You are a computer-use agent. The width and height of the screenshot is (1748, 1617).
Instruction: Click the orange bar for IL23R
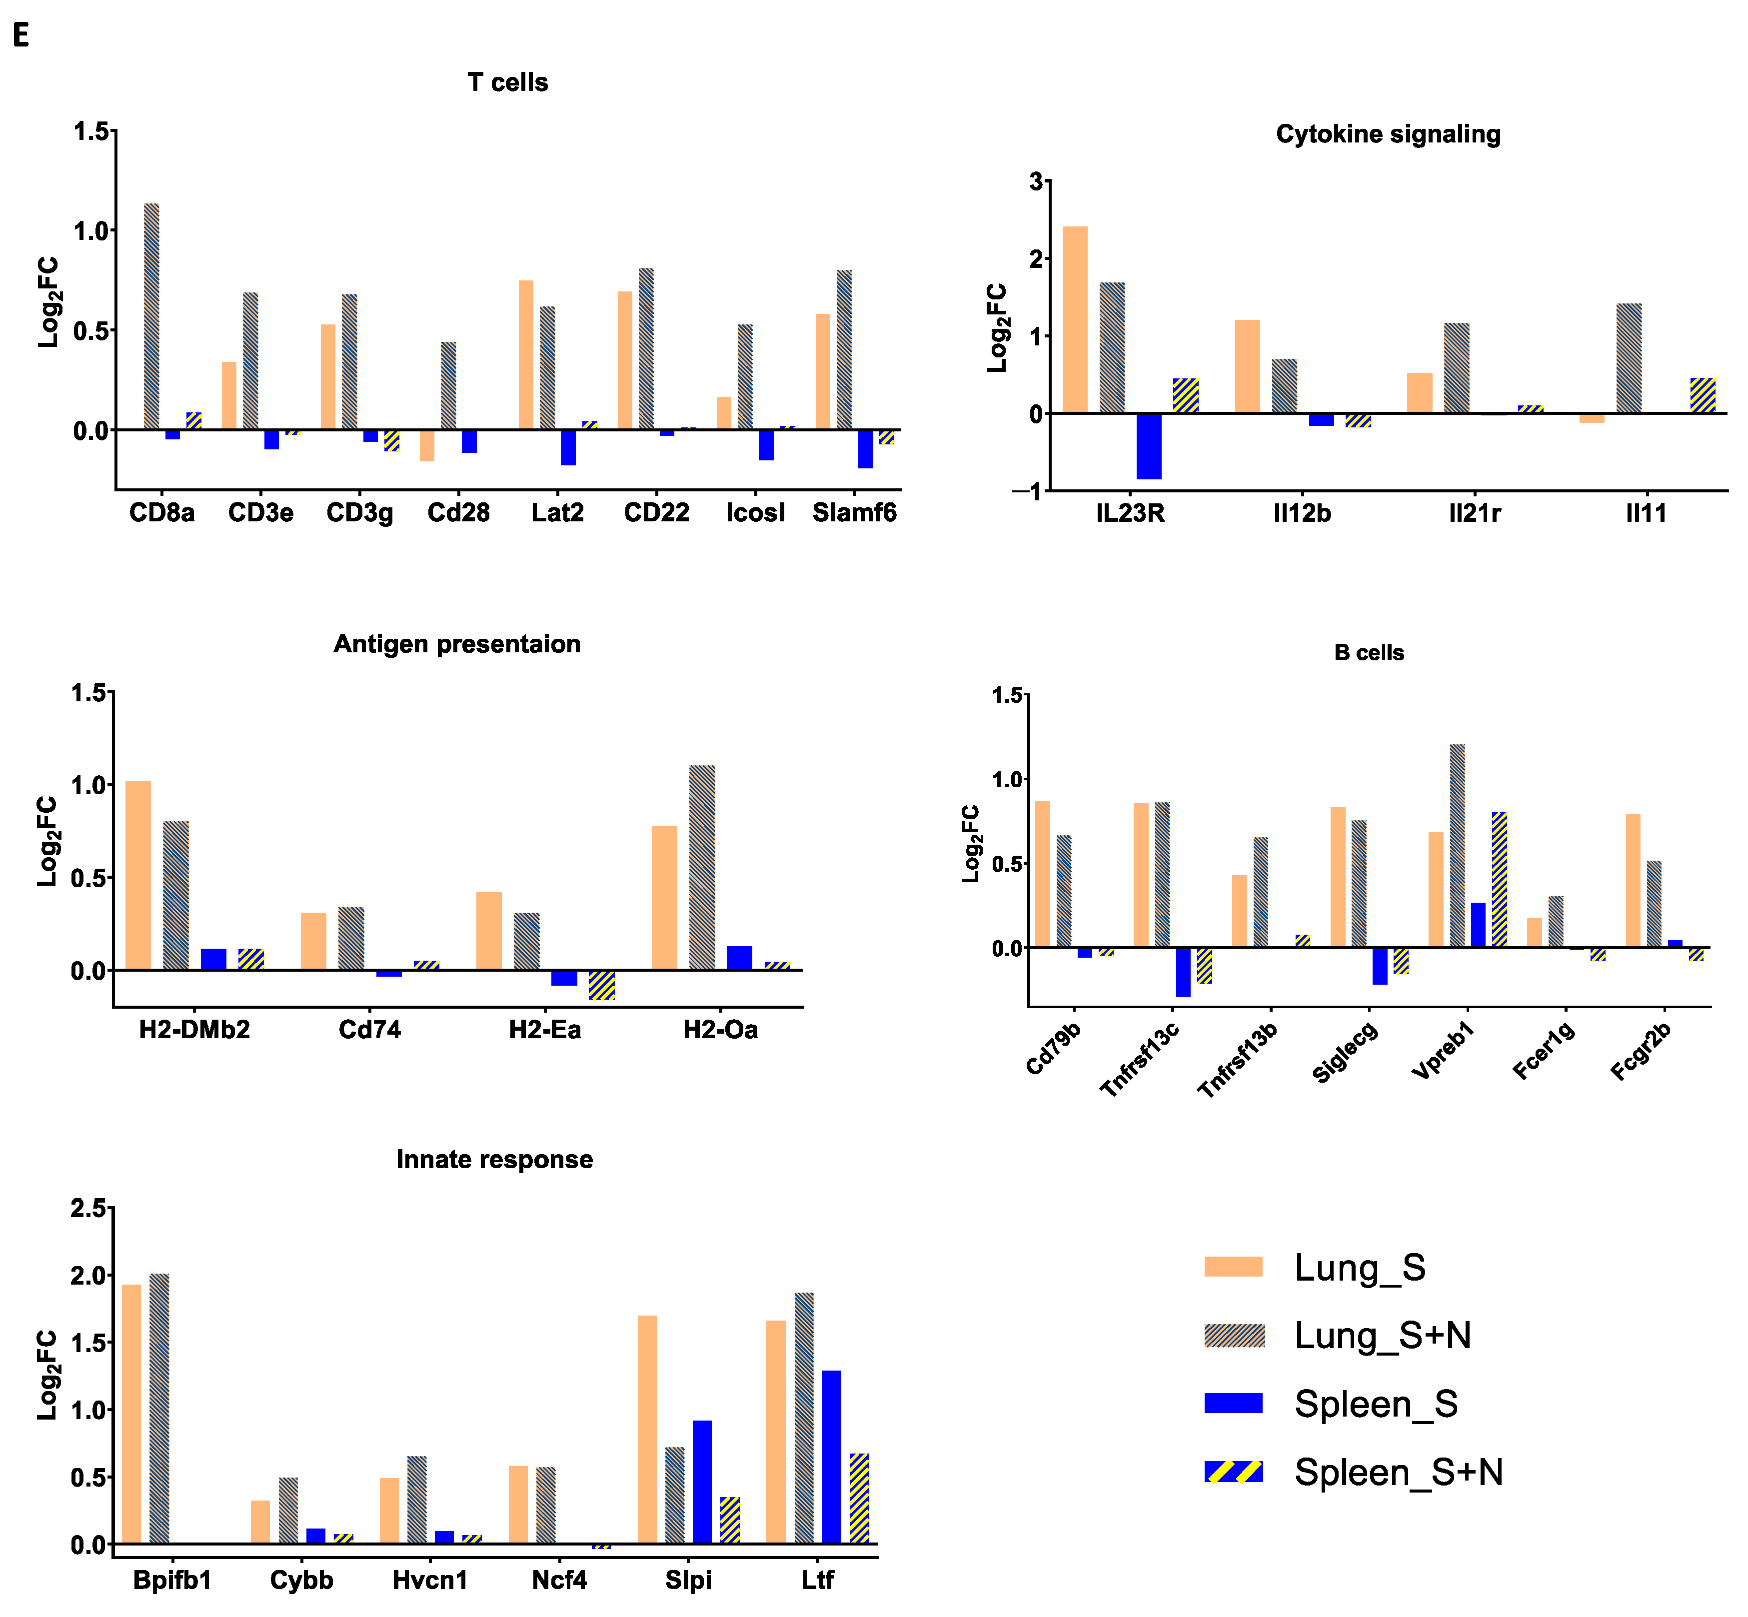point(1074,319)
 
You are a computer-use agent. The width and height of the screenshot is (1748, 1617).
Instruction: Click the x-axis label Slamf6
point(854,513)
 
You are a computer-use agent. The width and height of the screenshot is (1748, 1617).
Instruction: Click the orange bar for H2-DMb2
point(138,875)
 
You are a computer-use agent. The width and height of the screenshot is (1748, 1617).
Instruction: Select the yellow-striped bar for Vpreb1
point(1499,879)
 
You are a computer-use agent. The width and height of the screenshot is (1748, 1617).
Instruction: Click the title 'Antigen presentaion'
point(457,644)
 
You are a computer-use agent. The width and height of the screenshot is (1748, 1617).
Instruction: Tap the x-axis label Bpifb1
point(172,1580)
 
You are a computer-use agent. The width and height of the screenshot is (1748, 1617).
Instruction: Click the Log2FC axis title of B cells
point(971,844)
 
